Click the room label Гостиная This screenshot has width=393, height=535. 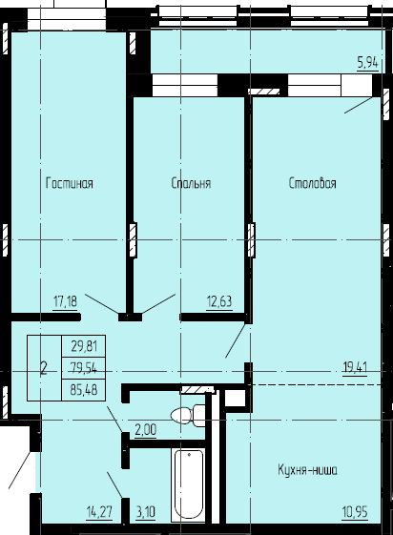tap(69, 184)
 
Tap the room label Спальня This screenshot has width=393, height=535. tap(191, 184)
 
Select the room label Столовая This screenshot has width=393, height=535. tap(313, 184)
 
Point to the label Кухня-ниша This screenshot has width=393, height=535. tap(308, 470)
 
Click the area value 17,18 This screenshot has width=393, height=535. tap(65, 302)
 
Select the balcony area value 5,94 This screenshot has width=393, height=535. tap(367, 64)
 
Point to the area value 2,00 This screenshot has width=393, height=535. tap(145, 431)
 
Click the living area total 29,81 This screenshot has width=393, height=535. tap(84, 347)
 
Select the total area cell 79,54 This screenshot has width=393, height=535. tap(84, 367)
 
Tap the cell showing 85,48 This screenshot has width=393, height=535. tap(84, 388)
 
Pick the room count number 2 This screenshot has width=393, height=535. tap(44, 367)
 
